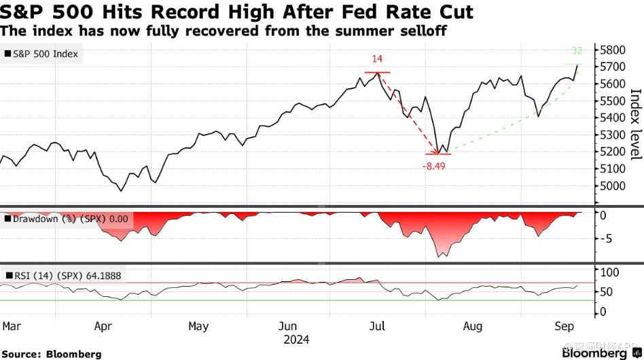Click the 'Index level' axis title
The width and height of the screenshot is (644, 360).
tap(636, 124)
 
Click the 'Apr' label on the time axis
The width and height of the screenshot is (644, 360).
tap(103, 327)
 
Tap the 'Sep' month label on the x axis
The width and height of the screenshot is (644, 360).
tap(564, 327)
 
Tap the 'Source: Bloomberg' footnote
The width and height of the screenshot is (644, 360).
tap(51, 354)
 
